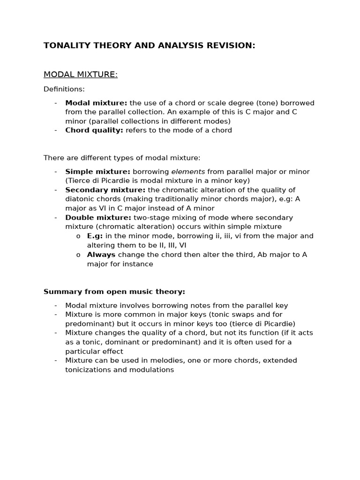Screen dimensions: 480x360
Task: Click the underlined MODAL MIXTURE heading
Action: click(81, 75)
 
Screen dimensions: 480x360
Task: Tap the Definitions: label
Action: click(64, 89)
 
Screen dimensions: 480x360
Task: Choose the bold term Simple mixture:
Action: click(98, 172)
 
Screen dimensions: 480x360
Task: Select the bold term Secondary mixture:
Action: click(105, 190)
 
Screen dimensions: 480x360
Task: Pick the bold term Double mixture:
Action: click(98, 217)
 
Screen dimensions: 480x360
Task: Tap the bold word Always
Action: click(101, 255)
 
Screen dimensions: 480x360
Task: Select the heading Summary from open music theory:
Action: click(114, 292)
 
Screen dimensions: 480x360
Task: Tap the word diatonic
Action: click(81, 199)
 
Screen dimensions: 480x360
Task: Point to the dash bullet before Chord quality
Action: click(56, 130)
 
